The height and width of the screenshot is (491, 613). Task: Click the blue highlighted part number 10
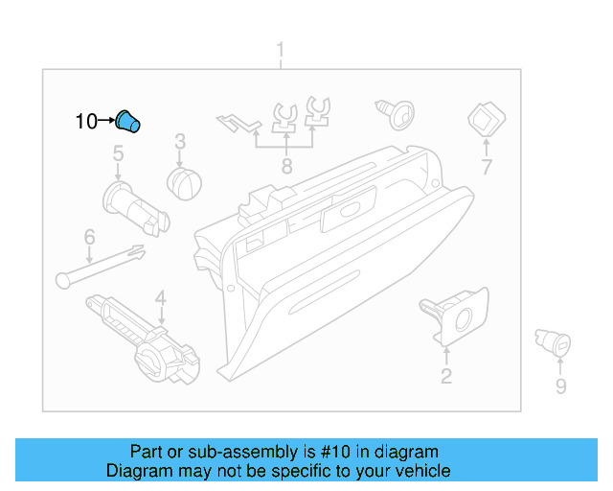(127, 122)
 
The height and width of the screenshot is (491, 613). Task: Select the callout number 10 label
(86, 122)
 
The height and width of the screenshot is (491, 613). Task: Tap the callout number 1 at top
(281, 49)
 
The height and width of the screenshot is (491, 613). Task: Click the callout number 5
(118, 153)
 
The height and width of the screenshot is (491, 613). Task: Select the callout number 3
(179, 144)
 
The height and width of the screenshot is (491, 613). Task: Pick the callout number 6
(89, 236)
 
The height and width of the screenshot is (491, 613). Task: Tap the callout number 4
(161, 297)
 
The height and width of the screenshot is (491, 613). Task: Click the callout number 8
(285, 167)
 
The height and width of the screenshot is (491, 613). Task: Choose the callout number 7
(486, 168)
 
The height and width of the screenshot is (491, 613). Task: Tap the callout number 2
(445, 376)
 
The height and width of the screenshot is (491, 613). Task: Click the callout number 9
(560, 386)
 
